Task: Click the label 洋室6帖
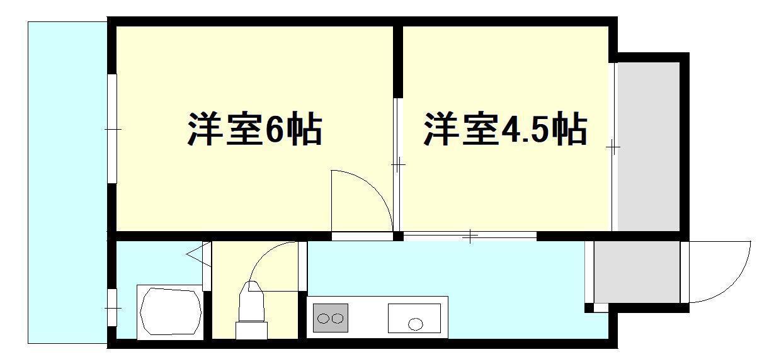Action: click(255, 128)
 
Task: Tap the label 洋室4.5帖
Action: click(505, 128)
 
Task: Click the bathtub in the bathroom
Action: click(171, 311)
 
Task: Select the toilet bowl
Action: click(251, 302)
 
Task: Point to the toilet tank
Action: click(251, 330)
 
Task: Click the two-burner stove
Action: click(331, 317)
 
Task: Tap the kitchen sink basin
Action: click(414, 318)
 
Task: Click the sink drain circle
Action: click(415, 324)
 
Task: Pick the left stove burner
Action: click(324, 319)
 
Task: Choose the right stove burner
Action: click(338, 319)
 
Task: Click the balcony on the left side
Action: click(67, 183)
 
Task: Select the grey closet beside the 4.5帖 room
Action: click(648, 146)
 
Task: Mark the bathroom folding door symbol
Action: click(200, 254)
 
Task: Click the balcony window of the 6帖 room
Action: click(112, 128)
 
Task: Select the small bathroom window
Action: click(112, 308)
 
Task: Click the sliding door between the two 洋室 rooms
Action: click(397, 165)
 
